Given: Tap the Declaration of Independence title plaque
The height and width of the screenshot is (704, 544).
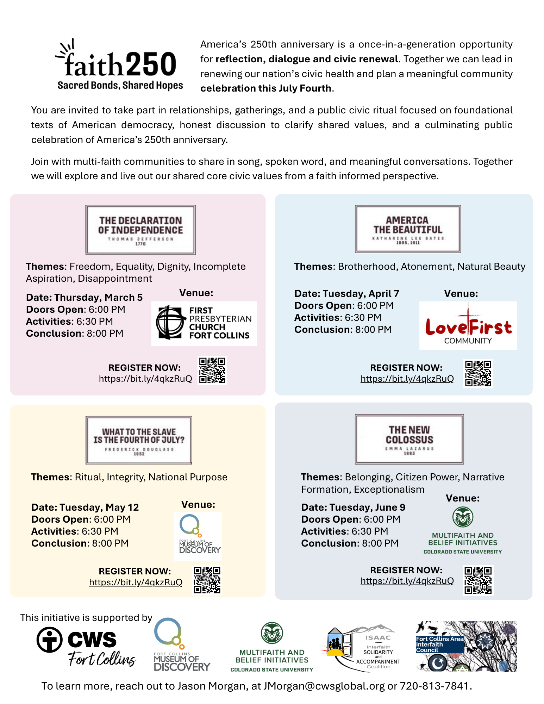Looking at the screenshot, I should pos(140,230).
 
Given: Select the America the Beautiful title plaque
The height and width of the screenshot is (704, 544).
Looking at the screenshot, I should pos(407,229).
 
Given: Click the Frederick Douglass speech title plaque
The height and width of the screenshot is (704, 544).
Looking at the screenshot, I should pos(139,440).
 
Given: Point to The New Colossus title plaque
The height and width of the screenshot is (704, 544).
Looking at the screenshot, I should pos(409,439).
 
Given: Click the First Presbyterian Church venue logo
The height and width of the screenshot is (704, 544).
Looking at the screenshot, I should pos(204,323).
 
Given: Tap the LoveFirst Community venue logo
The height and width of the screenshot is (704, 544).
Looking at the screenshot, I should pos(468,325).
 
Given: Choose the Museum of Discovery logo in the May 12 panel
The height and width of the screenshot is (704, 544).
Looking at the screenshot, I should pos(198,536).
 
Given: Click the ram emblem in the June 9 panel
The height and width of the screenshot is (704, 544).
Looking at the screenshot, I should pos(463,517).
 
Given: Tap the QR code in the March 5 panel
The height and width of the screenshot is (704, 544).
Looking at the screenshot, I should pos(212,370).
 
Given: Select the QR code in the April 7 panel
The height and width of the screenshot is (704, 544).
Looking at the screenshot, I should pos(478,373).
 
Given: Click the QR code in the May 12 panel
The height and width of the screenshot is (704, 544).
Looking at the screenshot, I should pos(207,580).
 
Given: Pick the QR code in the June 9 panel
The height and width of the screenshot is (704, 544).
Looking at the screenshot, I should pos(478,580).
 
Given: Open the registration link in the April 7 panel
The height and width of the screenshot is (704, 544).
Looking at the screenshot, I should pos(407,379).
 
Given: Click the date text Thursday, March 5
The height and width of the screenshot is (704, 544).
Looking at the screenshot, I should pos(85,298).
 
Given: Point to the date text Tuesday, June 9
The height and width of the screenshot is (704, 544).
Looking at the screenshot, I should pos(353,507).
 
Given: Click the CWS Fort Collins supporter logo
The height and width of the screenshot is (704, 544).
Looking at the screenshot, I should pos(86,647).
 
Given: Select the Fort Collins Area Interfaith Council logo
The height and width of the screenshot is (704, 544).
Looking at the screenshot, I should pos(466,646).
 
